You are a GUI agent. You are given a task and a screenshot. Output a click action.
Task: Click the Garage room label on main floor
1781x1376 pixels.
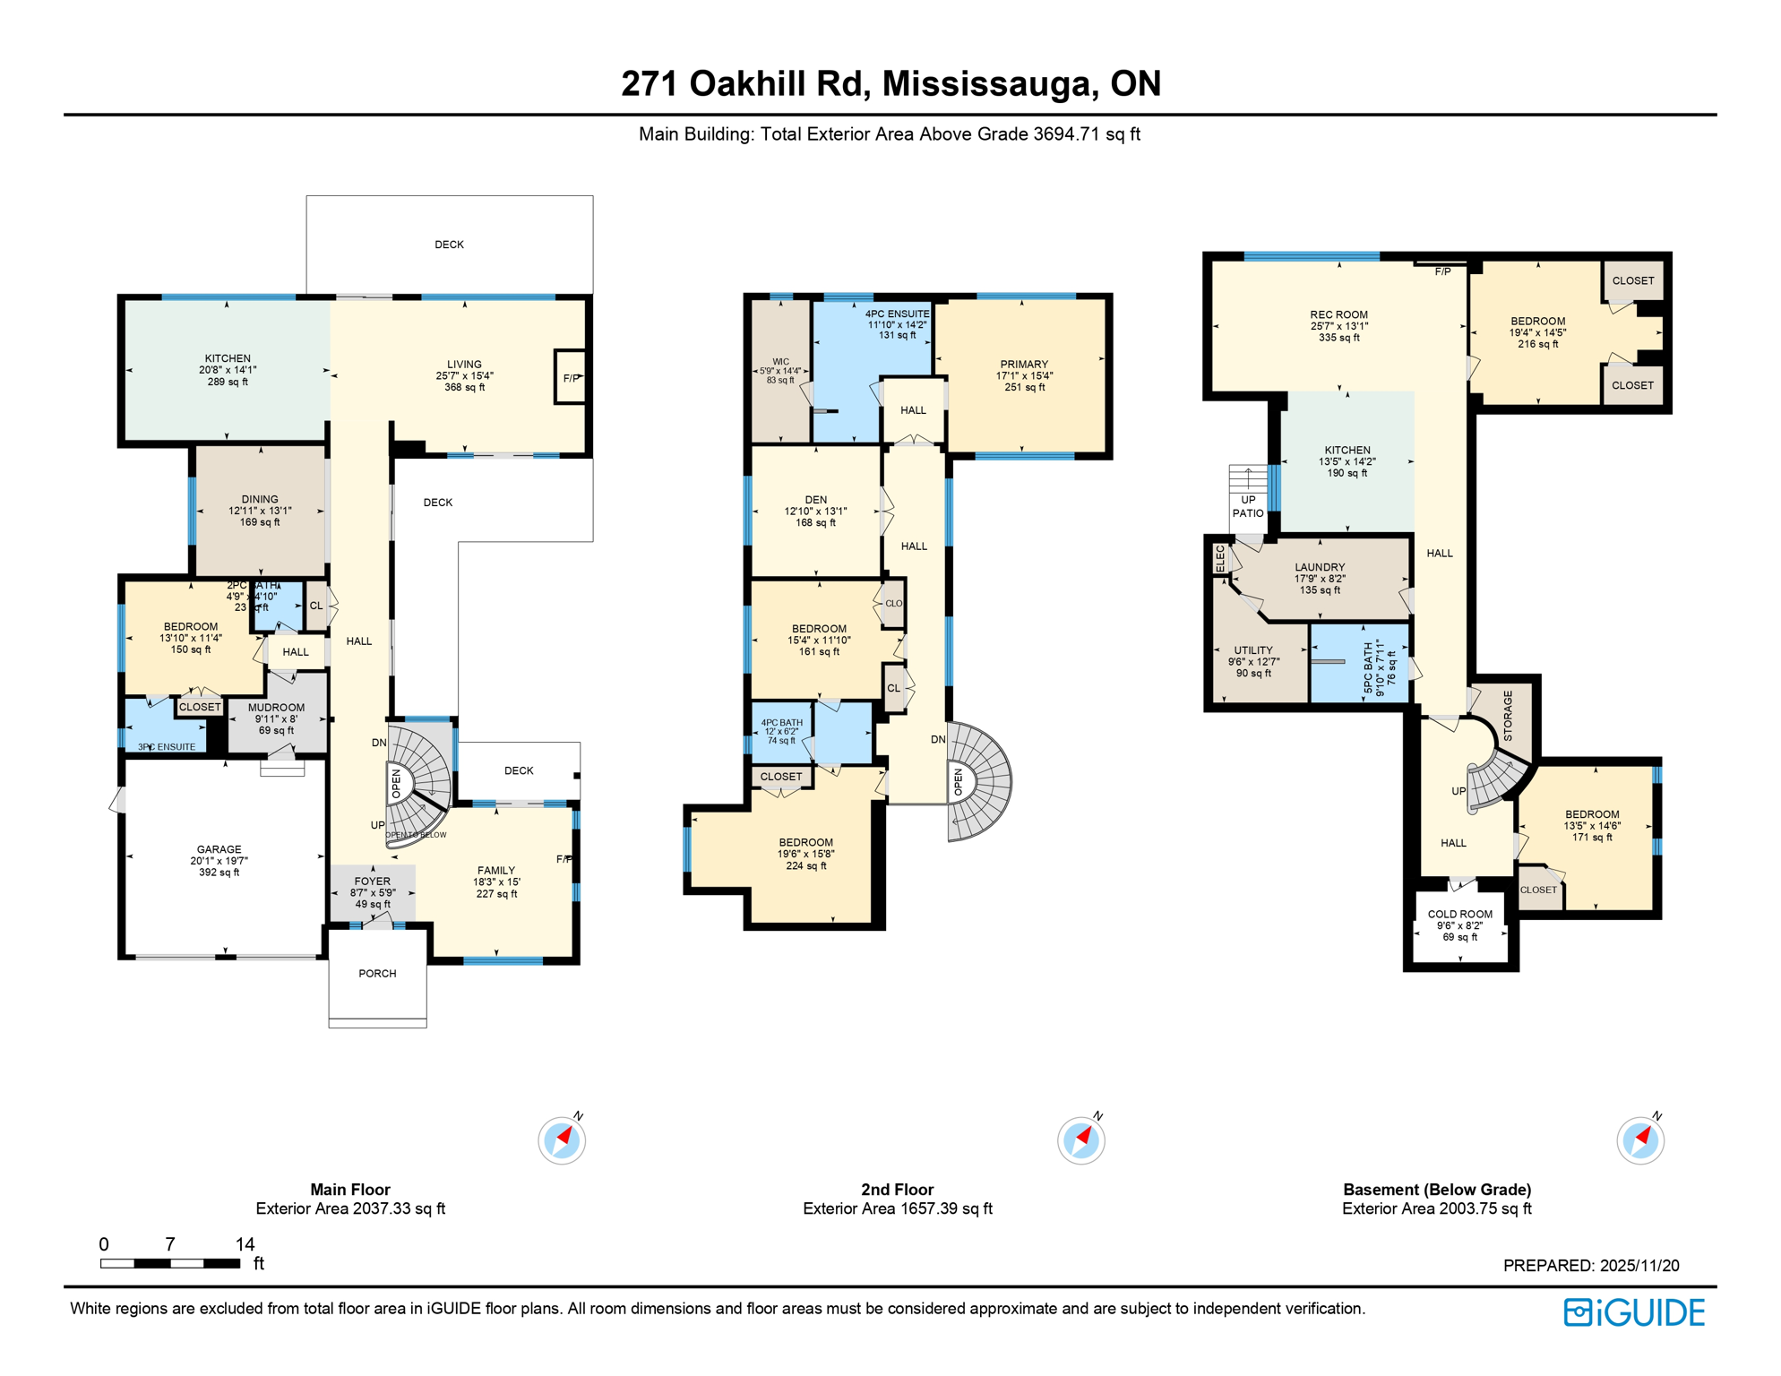pos(219,859)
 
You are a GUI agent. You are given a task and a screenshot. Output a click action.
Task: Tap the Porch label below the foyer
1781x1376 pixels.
pos(377,973)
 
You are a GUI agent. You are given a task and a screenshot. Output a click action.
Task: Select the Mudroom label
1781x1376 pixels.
pos(276,718)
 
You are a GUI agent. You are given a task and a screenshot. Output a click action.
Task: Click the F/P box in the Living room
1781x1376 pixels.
pos(571,378)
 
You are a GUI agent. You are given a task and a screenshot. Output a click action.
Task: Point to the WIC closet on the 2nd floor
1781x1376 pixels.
pos(780,370)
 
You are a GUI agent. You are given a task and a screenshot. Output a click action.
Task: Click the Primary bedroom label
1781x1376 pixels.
pos(1024,375)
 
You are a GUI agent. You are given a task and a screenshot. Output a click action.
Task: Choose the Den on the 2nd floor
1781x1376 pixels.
pos(815,511)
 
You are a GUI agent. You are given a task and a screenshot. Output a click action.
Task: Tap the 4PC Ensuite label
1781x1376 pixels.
pos(897,323)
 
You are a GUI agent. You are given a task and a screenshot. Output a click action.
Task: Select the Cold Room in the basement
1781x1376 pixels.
pos(1459,924)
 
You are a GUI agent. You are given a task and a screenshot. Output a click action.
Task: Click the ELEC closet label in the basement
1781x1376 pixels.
pos(1219,558)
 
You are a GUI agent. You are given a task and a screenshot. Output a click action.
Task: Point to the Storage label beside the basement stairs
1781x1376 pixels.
pos(1507,715)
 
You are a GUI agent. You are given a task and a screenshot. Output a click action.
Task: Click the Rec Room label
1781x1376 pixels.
pos(1338,325)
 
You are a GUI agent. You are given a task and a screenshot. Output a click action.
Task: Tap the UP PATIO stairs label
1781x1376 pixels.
pos(1247,506)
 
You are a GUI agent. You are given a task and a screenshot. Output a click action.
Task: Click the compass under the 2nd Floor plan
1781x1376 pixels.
pos(1080,1140)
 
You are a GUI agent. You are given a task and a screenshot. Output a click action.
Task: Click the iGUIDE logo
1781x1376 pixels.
pos(1634,1312)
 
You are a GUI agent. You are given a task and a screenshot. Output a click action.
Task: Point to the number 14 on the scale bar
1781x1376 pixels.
pos(245,1243)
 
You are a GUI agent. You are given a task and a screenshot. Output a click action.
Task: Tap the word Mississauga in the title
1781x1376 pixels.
pos(988,83)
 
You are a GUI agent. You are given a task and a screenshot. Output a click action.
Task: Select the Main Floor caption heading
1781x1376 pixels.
pos(349,1189)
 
